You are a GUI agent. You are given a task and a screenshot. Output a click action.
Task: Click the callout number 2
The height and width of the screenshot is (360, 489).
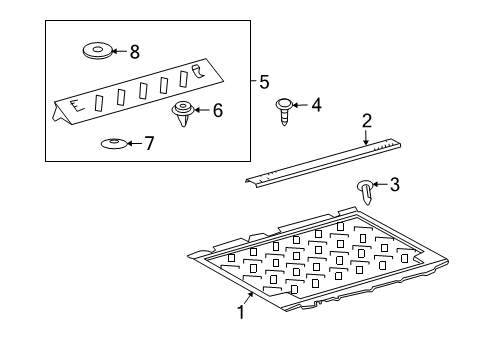pyautogui.click(x=367, y=120)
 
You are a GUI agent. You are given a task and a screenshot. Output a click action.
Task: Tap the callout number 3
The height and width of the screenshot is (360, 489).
pyautogui.click(x=395, y=183)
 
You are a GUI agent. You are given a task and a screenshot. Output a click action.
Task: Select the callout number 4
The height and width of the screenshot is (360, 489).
pyautogui.click(x=317, y=104)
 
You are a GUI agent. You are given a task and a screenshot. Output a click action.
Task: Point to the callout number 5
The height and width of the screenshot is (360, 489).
pyautogui.click(x=264, y=82)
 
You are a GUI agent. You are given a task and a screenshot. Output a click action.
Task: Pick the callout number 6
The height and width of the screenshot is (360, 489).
pyautogui.click(x=217, y=110)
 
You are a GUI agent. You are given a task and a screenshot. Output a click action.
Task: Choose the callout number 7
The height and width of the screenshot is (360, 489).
pyautogui.click(x=149, y=143)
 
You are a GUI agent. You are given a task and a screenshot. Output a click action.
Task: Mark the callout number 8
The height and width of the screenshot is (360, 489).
pyautogui.click(x=136, y=49)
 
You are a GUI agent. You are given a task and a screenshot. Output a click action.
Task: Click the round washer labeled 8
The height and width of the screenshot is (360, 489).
pyautogui.click(x=96, y=50)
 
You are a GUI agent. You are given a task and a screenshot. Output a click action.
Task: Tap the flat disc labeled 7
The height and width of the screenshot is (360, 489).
pyautogui.click(x=113, y=144)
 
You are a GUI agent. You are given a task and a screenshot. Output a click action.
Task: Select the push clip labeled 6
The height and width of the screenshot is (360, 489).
pyautogui.click(x=183, y=113)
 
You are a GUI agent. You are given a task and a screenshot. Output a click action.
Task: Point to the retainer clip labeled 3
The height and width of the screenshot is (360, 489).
pyautogui.click(x=365, y=186)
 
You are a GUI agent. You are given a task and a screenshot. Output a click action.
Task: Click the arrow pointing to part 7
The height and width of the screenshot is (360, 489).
pyautogui.click(x=134, y=143)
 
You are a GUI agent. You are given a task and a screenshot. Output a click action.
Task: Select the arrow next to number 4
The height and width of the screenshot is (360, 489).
pyautogui.click(x=302, y=104)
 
